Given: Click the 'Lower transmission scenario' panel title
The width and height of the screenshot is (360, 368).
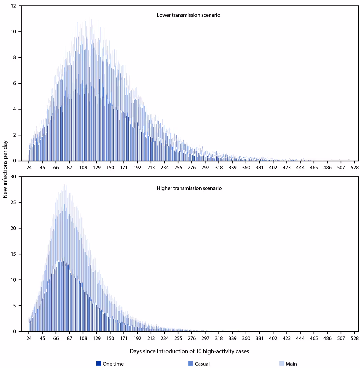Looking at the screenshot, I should (188, 15).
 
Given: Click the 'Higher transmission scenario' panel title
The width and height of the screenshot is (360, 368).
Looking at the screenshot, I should (189, 189).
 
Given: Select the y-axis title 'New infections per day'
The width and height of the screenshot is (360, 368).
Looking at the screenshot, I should (5, 169).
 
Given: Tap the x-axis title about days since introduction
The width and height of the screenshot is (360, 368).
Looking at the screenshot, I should (189, 351).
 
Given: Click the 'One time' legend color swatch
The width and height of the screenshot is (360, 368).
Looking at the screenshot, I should (98, 363).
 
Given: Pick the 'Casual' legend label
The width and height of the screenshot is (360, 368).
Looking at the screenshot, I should (202, 364).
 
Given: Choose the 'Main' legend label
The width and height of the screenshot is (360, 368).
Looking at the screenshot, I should (291, 364).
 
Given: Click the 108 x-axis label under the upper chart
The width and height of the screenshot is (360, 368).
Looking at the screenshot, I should (83, 167).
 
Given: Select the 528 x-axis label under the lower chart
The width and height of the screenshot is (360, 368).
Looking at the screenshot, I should (354, 338).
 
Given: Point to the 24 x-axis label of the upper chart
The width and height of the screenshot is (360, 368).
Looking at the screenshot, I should (29, 167).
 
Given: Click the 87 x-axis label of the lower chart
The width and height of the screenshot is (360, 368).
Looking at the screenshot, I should (70, 338).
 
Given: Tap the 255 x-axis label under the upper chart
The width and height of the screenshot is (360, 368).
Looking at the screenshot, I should (178, 167).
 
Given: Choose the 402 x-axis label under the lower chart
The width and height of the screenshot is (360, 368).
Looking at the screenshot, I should (273, 338).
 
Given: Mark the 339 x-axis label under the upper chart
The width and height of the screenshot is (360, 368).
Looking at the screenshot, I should (232, 167).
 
